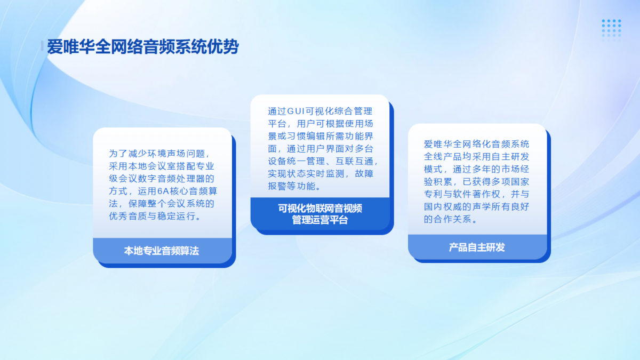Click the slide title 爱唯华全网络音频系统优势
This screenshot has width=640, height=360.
tap(142, 46)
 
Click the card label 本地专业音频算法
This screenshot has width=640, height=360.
tap(162, 251)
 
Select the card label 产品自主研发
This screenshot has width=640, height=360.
tap(477, 247)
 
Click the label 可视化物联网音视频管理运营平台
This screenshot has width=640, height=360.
tap(320, 214)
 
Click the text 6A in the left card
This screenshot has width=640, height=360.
tap(163, 191)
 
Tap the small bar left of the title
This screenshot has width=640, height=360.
tap(42, 46)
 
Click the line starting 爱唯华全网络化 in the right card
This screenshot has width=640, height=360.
tap(477, 144)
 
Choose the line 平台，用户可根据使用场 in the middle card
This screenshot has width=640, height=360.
tap(321, 123)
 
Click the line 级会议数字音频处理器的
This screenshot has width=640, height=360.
tap(162, 179)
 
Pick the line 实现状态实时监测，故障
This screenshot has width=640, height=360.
tap(321, 173)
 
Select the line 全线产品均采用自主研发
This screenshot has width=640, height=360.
tap(477, 157)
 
